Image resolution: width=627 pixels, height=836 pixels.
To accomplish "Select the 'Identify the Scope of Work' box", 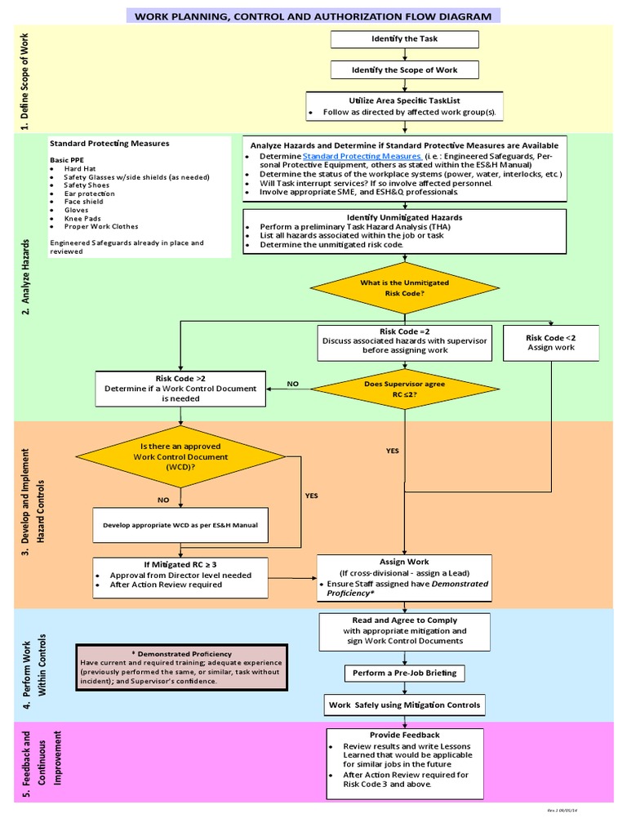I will [404, 71].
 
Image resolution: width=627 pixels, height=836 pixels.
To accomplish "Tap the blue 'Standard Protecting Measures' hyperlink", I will [362, 156].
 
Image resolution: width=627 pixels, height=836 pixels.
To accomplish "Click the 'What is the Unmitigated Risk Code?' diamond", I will [404, 287].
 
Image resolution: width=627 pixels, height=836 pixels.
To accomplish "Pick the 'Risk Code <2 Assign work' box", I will [550, 342].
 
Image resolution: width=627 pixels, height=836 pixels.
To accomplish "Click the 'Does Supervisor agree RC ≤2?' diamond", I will [404, 387].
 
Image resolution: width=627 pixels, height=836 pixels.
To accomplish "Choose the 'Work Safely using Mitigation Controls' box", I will [404, 705].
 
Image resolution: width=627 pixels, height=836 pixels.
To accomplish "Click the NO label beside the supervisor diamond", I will [292, 382].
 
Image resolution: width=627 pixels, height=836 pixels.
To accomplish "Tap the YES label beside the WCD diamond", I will [312, 496].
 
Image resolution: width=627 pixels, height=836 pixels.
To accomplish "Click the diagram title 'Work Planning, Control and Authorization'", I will [313, 16].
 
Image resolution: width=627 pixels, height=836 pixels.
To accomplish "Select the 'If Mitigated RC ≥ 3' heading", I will [180, 564].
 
